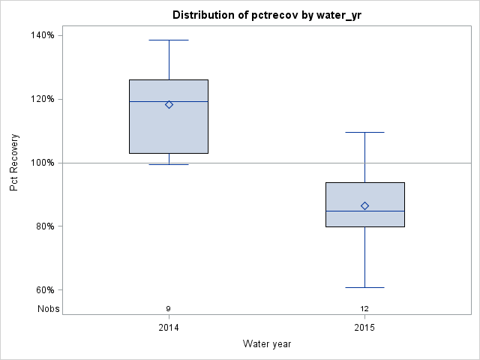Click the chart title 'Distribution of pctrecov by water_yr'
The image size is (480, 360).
pyautogui.click(x=267, y=15)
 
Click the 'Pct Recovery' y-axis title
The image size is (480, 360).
pyautogui.click(x=14, y=163)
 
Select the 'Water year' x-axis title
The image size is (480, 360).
pyautogui.click(x=267, y=343)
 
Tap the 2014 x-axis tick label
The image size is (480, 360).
pyautogui.click(x=169, y=328)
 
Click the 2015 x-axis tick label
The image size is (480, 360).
pyautogui.click(x=364, y=328)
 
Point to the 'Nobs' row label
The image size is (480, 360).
pyautogui.click(x=49, y=308)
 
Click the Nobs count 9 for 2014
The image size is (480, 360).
pyautogui.click(x=169, y=308)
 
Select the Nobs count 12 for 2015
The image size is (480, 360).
pyautogui.click(x=364, y=308)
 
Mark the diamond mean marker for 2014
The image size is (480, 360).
pyautogui.click(x=169, y=105)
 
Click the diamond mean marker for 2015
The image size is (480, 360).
pyautogui.click(x=364, y=205)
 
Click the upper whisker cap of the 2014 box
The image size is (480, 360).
pyautogui.click(x=169, y=40)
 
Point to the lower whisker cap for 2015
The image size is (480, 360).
pyautogui.click(x=364, y=287)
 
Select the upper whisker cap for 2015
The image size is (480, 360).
pyautogui.click(x=364, y=132)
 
